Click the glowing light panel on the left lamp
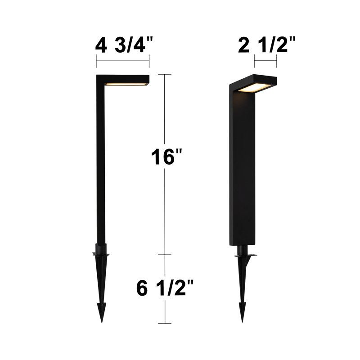click(x=126, y=84)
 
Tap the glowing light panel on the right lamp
click(x=254, y=87)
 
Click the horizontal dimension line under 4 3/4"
click(x=122, y=61)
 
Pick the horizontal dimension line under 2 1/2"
click(x=265, y=61)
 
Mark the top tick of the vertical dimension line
click(x=165, y=74)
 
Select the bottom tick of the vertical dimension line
click(x=165, y=323)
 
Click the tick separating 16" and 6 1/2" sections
click(x=165, y=255)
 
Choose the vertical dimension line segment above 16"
click(x=165, y=112)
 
